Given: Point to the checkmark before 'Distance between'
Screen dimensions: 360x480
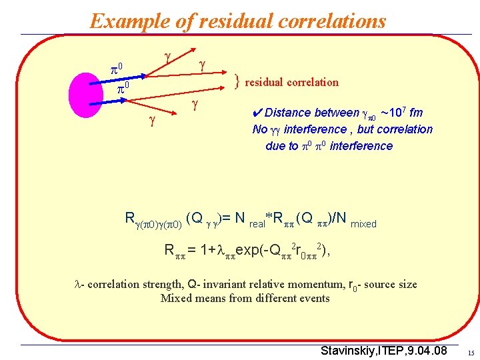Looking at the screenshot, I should pyautogui.click(x=257, y=113).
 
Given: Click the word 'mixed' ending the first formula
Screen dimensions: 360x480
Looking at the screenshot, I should pyautogui.click(x=363, y=224).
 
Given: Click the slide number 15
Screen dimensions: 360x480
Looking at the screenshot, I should pyautogui.click(x=470, y=353).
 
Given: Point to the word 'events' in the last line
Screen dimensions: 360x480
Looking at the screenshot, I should pyautogui.click(x=313, y=298).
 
